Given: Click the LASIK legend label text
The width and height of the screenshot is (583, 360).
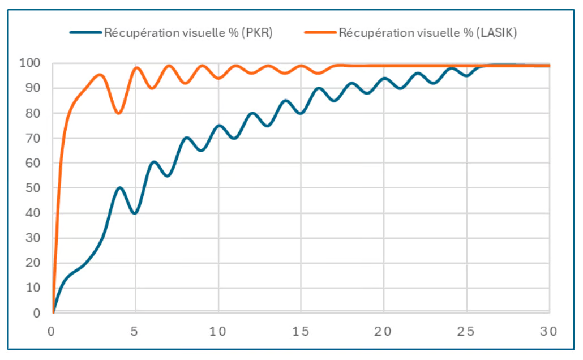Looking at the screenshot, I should pos(427,33).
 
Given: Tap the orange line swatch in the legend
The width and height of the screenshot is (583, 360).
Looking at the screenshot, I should pos(320,33).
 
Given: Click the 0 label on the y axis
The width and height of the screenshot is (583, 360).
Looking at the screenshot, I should pos(37,312).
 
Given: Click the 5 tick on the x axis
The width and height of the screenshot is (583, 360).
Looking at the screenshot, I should pos(135,331).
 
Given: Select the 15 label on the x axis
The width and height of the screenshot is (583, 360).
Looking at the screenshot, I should pos(301,331).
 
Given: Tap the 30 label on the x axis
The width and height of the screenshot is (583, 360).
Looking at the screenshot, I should pos(548,331).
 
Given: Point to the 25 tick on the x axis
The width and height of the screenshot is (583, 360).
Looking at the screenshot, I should pos(466,331).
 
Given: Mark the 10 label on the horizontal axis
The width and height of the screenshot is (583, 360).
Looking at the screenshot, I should pos(218,331).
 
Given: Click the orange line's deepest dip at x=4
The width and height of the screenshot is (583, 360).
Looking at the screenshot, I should pos(118,113).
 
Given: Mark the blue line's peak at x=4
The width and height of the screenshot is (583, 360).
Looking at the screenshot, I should pos(119,187).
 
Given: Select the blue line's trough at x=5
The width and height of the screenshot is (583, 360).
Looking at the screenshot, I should pos(135,213).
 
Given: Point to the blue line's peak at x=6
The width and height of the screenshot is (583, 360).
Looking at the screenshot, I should pos(153,162).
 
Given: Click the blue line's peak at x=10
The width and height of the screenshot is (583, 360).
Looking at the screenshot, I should pos(218,125).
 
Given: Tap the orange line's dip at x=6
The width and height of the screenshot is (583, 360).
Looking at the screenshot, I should pos(152,88).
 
